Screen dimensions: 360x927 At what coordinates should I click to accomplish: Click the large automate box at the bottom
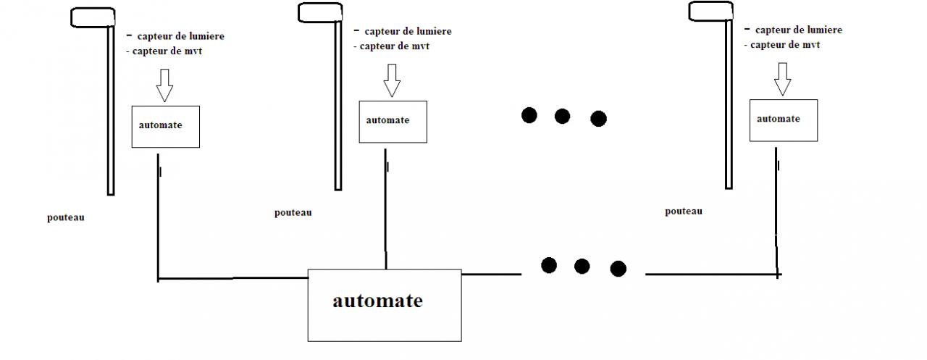click(x=384, y=305)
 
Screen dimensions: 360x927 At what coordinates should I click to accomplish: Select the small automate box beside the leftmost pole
click(x=165, y=127)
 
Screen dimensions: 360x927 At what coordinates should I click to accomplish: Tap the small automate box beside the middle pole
click(x=393, y=121)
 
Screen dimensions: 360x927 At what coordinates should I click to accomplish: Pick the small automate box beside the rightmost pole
click(x=784, y=120)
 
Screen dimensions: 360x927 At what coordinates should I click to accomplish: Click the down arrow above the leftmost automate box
click(x=164, y=85)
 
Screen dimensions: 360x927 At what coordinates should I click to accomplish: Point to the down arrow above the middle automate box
click(x=392, y=80)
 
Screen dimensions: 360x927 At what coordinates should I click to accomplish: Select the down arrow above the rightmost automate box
click(x=782, y=79)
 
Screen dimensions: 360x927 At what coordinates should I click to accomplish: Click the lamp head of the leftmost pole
click(x=93, y=17)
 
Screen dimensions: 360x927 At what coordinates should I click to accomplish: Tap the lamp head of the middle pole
click(x=320, y=12)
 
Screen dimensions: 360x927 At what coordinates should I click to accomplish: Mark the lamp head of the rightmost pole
click(x=710, y=12)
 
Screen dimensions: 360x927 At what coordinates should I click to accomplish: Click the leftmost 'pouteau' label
click(x=66, y=217)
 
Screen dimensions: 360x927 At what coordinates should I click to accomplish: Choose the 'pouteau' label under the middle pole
click(x=293, y=212)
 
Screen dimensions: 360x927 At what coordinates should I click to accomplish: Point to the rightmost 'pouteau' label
click(x=684, y=211)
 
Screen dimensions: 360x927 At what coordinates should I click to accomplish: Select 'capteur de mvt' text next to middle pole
click(x=390, y=46)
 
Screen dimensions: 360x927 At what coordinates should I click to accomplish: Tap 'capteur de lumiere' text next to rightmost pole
click(x=798, y=30)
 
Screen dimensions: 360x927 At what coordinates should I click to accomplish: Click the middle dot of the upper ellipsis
click(x=563, y=116)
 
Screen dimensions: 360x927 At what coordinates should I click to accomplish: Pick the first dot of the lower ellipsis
click(x=549, y=265)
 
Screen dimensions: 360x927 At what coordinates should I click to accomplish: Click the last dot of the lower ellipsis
click(x=618, y=269)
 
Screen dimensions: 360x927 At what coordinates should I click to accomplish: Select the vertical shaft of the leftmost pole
click(x=111, y=109)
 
